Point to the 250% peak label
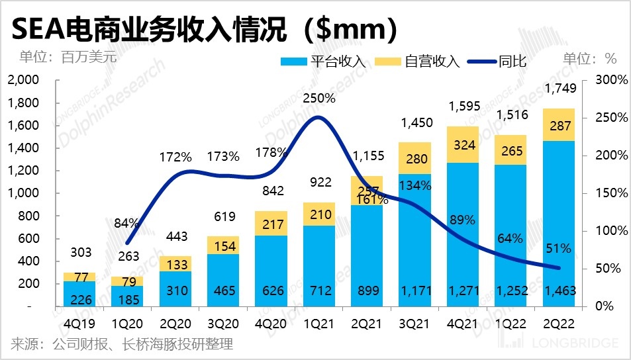[x=319, y=99]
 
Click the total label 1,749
[x=558, y=88]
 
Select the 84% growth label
[x=126, y=223]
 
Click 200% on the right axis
[x=603, y=156]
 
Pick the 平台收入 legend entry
[x=324, y=62]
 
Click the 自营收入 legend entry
[x=416, y=62]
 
